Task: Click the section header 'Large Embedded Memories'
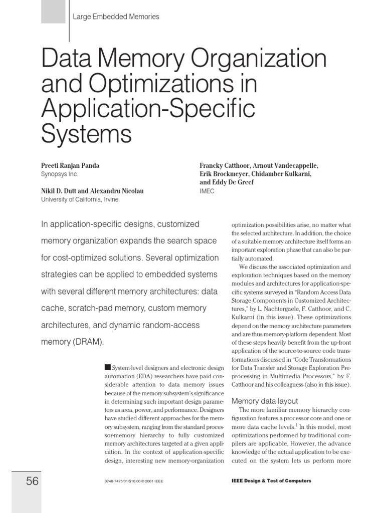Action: tap(116, 17)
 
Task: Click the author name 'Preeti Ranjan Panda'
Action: tap(71, 165)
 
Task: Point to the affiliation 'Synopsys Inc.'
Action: tap(59, 174)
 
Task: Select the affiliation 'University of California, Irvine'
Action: tap(81, 199)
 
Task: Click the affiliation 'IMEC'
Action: tap(207, 191)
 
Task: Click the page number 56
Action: tap(32, 481)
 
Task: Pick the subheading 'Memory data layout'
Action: tap(264, 401)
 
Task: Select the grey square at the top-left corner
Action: tap(53, 12)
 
